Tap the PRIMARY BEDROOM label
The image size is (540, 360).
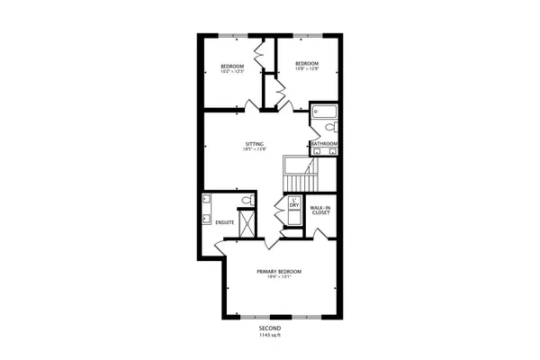coord(278,271)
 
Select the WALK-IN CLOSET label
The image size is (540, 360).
coord(319,210)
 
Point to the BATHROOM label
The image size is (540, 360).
coord(324,144)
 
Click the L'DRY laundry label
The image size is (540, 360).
coord(293,203)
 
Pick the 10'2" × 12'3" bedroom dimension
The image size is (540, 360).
coord(232,71)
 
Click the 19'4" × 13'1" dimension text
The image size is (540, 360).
coord(278,277)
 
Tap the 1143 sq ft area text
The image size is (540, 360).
coord(271,336)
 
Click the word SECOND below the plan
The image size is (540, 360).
coord(271,329)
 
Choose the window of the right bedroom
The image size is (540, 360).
coord(307,35)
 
